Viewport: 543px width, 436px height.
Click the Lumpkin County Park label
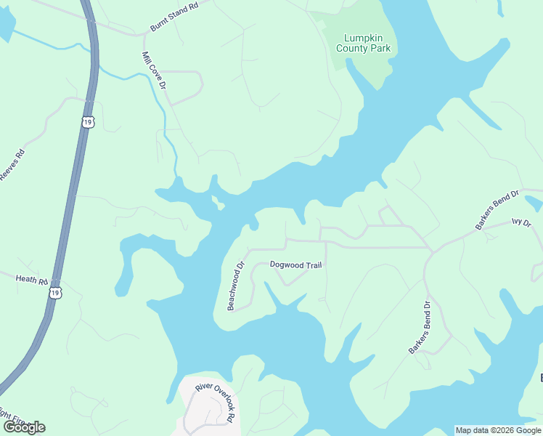point(363,43)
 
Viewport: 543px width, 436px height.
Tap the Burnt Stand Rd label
point(174,17)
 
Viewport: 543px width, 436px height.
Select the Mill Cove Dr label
point(155,70)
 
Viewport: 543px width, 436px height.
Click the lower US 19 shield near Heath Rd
point(55,292)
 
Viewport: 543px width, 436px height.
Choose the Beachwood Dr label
point(237,286)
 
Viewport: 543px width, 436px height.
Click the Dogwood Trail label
point(295,265)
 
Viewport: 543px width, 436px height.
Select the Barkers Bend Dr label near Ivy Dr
point(497,211)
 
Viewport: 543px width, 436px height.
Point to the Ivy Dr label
point(522,222)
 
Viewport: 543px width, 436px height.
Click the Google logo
point(24,427)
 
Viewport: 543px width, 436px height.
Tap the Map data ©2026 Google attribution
point(498,430)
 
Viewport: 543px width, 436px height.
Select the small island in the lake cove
point(216,201)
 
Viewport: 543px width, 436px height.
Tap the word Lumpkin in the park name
point(363,37)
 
